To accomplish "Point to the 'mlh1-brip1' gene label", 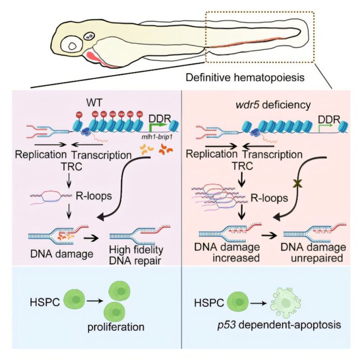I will click(146, 139).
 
